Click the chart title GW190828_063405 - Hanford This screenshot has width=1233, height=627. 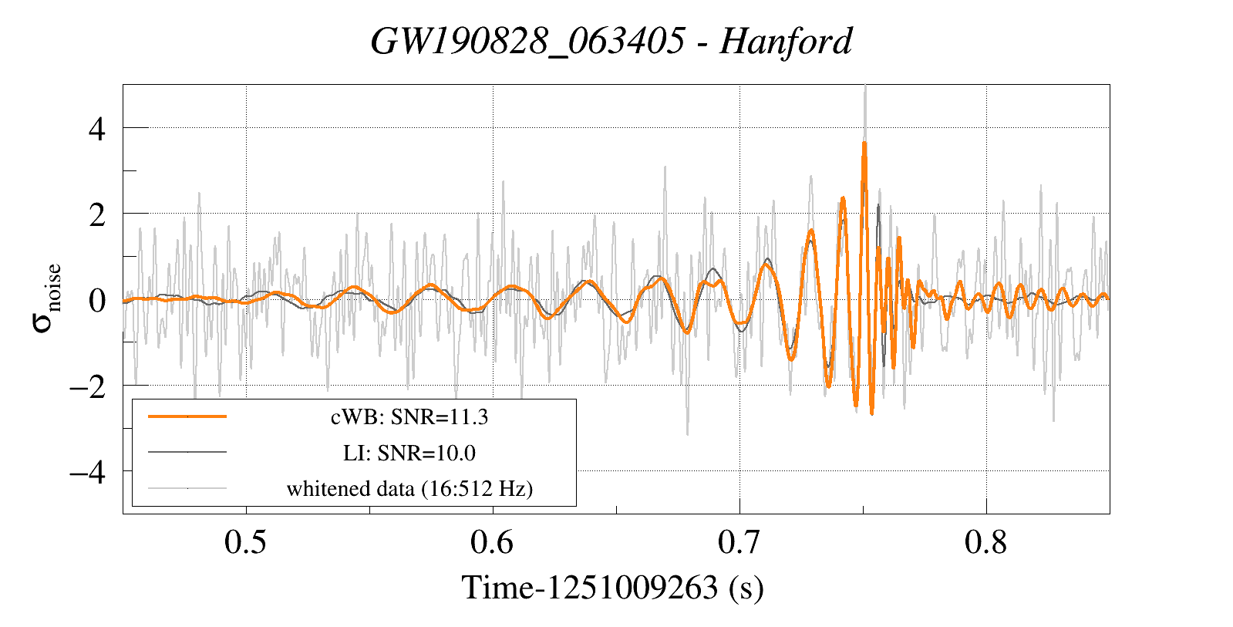click(611, 41)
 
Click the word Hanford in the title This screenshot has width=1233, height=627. click(786, 41)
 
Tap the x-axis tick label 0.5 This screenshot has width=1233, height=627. click(245, 542)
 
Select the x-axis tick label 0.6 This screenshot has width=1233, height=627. click(492, 542)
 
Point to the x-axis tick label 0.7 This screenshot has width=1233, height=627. click(739, 542)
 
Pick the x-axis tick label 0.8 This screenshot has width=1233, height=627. click(985, 542)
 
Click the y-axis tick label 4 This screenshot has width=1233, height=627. click(96, 128)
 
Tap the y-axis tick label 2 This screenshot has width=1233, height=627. click(96, 214)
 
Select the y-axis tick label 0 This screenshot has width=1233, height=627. click(96, 300)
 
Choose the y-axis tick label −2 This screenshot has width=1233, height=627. click(86, 386)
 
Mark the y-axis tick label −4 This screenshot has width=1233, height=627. click(86, 471)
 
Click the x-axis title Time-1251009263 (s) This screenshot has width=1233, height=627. click(612, 588)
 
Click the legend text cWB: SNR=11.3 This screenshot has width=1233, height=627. click(409, 417)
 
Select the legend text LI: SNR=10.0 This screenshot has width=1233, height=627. click(409, 453)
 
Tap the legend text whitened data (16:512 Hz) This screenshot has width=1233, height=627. click(409, 488)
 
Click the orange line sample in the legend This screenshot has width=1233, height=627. click(187, 416)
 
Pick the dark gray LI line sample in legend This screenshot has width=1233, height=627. click(187, 452)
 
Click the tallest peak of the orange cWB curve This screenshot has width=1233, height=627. click(864, 143)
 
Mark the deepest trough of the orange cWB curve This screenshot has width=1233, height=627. click(871, 413)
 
